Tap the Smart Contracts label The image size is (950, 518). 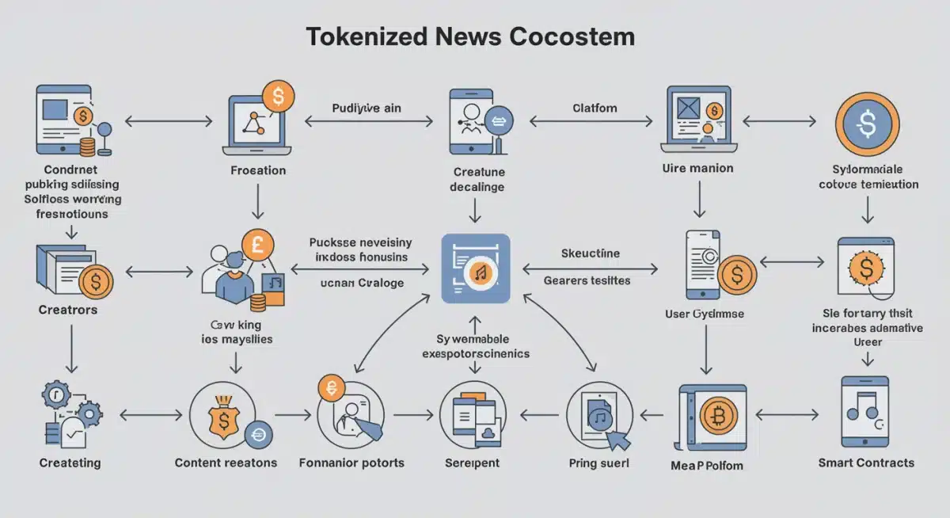coord(866,463)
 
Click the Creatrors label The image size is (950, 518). coord(68,310)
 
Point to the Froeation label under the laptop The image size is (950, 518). coord(257,170)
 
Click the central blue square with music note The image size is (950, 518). coord(475,268)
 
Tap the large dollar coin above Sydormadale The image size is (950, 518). coord(868,123)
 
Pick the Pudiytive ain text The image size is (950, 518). coord(366,108)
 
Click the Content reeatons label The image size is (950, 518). coord(226,463)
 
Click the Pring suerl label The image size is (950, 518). coord(598,463)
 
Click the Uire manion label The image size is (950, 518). coord(697,168)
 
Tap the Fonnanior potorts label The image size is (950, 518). coord(351,463)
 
